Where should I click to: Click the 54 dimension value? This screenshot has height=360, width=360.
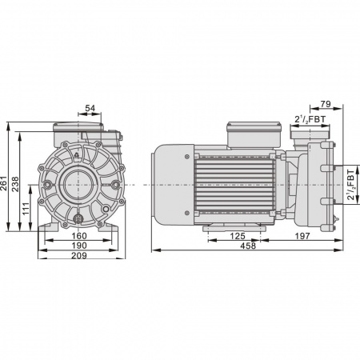pos(90,108)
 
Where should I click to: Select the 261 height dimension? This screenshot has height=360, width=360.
pos(4,183)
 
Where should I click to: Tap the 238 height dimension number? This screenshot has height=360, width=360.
pos(15,184)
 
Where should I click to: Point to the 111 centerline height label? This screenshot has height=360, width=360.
pos(26,209)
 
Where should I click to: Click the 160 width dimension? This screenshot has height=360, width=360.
pos(79,236)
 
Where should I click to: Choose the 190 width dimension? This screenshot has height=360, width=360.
pos(79,246)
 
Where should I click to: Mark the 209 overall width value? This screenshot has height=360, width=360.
pos(79,255)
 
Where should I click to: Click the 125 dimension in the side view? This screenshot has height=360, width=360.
pos(238,236)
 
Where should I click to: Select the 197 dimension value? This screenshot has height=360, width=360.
pos(302,236)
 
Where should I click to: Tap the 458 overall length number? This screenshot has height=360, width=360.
pos(248,246)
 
